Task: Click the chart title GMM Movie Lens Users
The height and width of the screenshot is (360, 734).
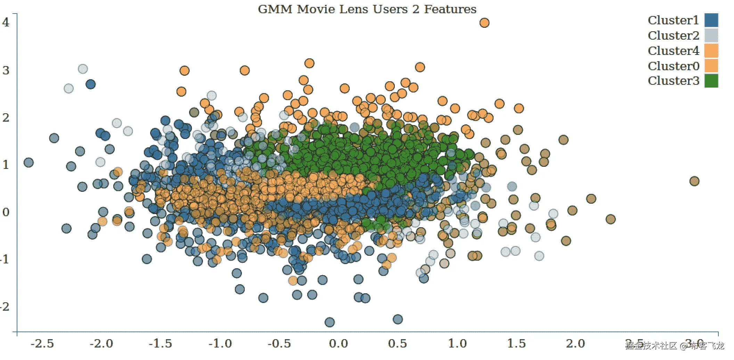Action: (x=367, y=9)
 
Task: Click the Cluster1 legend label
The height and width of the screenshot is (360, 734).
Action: (x=673, y=21)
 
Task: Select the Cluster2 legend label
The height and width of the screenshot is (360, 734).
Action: (x=673, y=35)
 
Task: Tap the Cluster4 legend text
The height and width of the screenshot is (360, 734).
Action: (x=673, y=51)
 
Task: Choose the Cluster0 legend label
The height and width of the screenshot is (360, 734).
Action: (x=673, y=66)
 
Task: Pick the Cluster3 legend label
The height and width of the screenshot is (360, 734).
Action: (x=673, y=81)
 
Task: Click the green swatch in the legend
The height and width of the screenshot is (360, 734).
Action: (x=711, y=81)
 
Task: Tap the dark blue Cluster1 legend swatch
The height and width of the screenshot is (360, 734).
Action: (x=711, y=20)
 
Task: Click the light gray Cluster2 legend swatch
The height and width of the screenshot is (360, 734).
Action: (x=711, y=35)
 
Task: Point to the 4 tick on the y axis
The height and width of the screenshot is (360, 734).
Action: (x=6, y=23)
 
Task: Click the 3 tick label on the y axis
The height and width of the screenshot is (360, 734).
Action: (x=6, y=71)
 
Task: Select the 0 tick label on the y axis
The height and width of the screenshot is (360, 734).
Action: (x=6, y=212)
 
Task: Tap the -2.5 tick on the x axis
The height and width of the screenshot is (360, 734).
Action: (x=42, y=344)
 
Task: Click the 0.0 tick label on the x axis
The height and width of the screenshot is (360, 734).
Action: (x=338, y=344)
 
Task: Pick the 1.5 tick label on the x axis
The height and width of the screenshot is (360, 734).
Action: (x=516, y=344)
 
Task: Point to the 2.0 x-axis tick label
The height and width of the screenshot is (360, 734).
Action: (x=575, y=344)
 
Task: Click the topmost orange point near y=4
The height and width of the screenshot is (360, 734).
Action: (x=484, y=23)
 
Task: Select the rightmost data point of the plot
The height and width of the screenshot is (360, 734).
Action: (x=694, y=181)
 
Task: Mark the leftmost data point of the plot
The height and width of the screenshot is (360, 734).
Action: (x=28, y=162)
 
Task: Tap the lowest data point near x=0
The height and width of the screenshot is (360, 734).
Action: (x=329, y=322)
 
